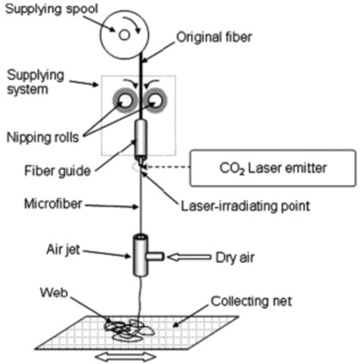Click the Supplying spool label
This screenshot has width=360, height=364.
point(52,9)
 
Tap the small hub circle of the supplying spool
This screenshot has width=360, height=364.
point(124,35)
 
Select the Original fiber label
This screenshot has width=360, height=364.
point(214,37)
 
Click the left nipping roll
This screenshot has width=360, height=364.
point(126,100)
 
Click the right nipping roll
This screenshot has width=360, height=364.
point(155,100)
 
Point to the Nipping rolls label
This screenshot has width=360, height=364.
point(43,137)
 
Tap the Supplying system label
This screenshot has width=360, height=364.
point(36,82)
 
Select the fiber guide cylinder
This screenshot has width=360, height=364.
point(141,139)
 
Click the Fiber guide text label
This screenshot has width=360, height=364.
point(57,171)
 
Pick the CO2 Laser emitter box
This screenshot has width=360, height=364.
point(273,168)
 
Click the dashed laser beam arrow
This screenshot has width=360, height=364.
point(168,166)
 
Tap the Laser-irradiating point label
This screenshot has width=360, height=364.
point(245,206)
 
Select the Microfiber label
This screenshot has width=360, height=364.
point(53,203)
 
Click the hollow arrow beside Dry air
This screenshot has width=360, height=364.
point(189,257)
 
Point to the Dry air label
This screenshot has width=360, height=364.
point(235,257)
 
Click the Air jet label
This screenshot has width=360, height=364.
point(63,249)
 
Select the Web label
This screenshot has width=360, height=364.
point(54,293)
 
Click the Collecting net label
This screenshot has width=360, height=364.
point(251,302)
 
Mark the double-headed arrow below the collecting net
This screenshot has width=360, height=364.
point(126,357)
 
